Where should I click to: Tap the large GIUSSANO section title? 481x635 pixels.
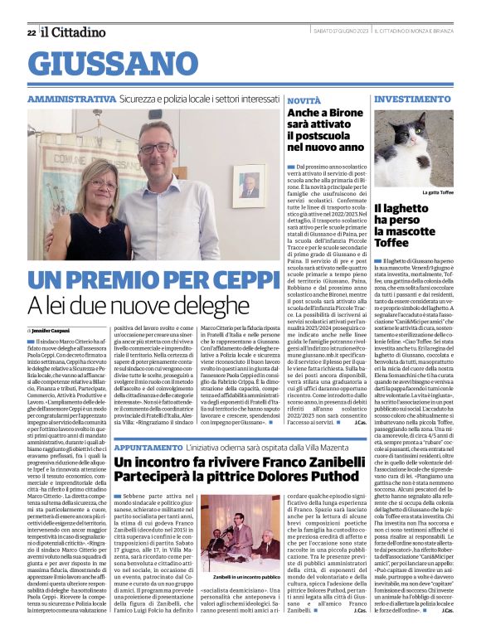tap(116, 63)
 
